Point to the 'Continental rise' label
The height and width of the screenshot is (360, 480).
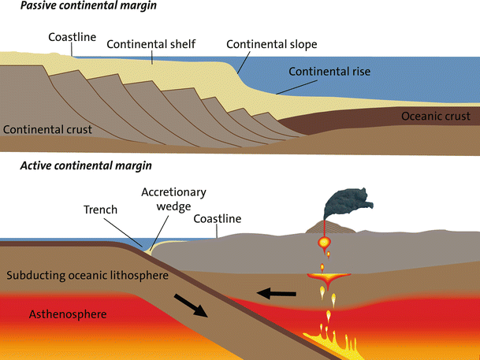pyautogui.click(x=329, y=72)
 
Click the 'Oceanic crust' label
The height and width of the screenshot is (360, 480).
pyautogui.click(x=436, y=116)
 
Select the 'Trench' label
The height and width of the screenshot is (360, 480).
pyautogui.click(x=101, y=210)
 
